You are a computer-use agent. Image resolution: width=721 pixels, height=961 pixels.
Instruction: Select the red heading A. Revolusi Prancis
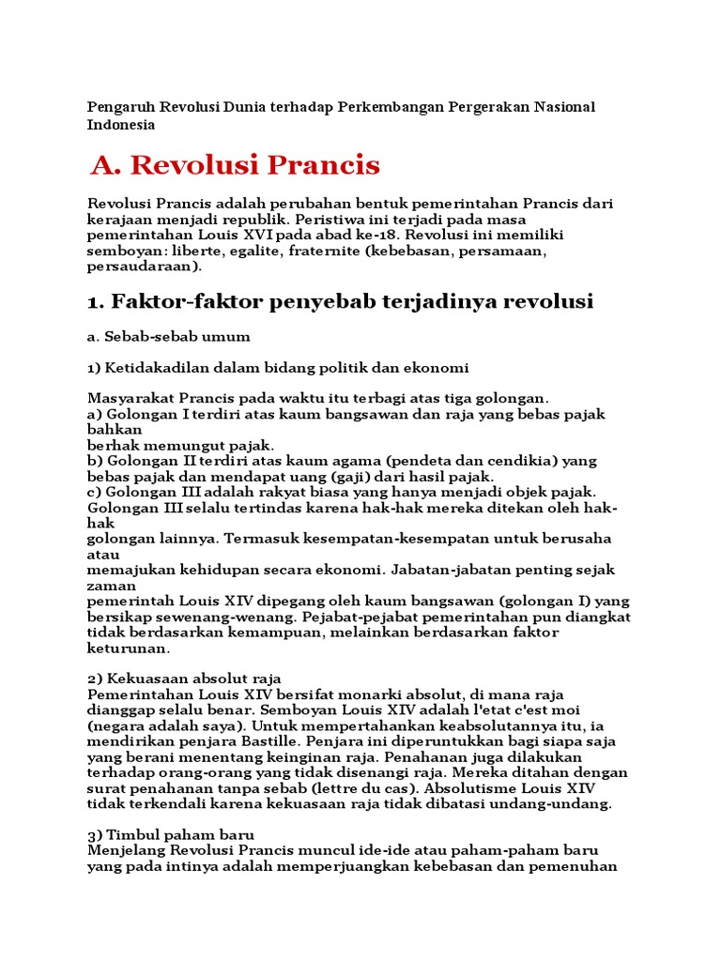pyautogui.click(x=236, y=165)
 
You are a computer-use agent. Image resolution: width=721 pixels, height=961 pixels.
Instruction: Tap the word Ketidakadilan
pyautogui.click(x=161, y=367)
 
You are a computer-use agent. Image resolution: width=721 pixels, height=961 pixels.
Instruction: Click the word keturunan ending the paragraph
pyautogui.click(x=130, y=648)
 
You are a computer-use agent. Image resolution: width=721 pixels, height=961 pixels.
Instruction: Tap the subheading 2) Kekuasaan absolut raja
pyautogui.click(x=184, y=679)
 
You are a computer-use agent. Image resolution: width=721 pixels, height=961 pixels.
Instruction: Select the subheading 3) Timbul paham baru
pyautogui.click(x=171, y=834)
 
